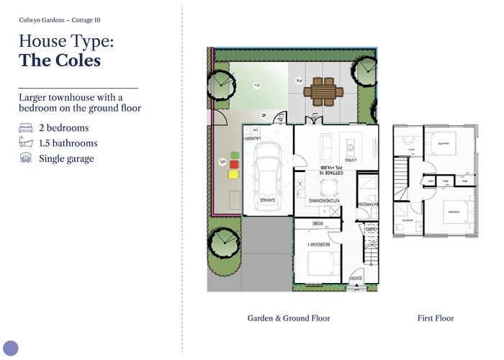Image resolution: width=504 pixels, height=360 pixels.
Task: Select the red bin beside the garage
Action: [x=233, y=164]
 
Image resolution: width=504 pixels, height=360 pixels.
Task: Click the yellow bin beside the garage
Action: [x=233, y=174]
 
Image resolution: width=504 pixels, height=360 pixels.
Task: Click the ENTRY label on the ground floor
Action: [x=355, y=279]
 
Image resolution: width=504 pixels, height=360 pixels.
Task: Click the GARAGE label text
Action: [x=267, y=200]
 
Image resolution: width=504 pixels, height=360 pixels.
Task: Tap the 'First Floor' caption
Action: [x=436, y=318]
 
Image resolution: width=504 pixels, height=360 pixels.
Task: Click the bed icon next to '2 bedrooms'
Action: [x=25, y=128]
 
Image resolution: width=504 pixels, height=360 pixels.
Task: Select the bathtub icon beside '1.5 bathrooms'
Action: [x=25, y=143]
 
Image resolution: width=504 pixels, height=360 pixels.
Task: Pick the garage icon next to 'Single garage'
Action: [x=25, y=158]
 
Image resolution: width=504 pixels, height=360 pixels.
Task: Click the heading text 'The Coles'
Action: [x=60, y=60]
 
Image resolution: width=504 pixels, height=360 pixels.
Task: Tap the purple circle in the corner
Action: [x=10, y=348]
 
